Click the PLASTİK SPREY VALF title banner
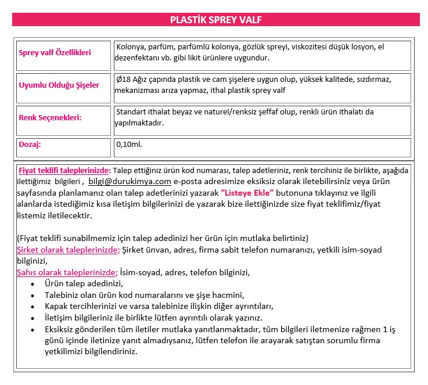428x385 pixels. click(x=215, y=20)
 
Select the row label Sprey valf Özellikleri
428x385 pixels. click(x=55, y=53)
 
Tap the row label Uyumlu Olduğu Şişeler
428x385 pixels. click(x=59, y=85)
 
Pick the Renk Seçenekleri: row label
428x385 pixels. click(x=50, y=118)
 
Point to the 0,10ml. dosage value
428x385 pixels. click(x=129, y=145)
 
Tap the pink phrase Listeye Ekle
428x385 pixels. click(x=247, y=193)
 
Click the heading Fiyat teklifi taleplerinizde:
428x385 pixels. click(x=64, y=171)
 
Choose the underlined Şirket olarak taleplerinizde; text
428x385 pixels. click(x=68, y=250)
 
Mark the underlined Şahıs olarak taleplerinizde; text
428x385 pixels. click(x=67, y=272)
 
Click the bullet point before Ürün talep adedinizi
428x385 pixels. click(x=33, y=284)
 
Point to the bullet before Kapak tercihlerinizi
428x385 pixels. click(x=33, y=307)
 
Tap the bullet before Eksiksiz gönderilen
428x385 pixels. click(x=33, y=329)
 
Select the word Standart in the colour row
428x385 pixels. click(x=132, y=111)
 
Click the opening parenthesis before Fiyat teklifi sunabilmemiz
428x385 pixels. click(x=18, y=239)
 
